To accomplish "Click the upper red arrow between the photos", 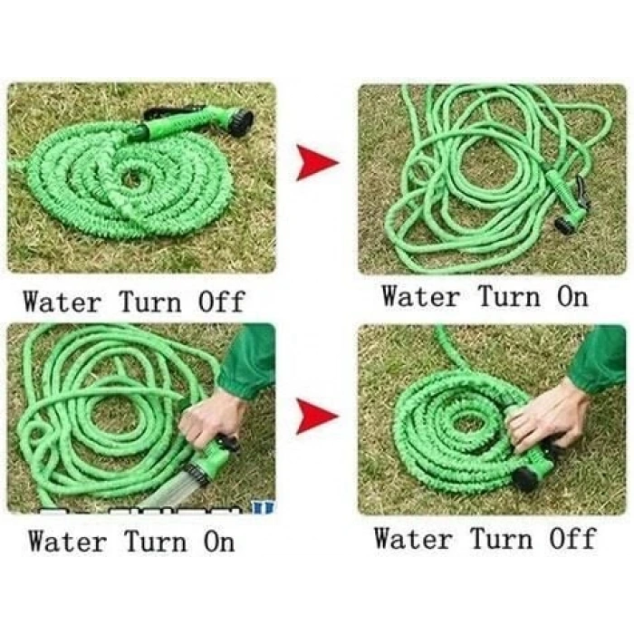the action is pos(316,162).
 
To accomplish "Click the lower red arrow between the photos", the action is pos(316,416).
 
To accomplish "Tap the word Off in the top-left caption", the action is pos(222,302).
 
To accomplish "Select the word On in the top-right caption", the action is pos(572,296).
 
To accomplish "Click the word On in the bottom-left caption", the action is pos(219,541).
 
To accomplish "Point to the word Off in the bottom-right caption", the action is pos(572,538).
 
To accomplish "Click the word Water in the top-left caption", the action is pos(62,302).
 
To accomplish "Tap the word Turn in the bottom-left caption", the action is pos(156,541).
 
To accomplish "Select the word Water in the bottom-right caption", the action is pos(412,538).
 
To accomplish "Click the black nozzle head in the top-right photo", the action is pos(564,226).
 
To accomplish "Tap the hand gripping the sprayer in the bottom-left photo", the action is pos(211,418).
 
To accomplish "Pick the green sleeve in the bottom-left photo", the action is pos(247,361).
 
